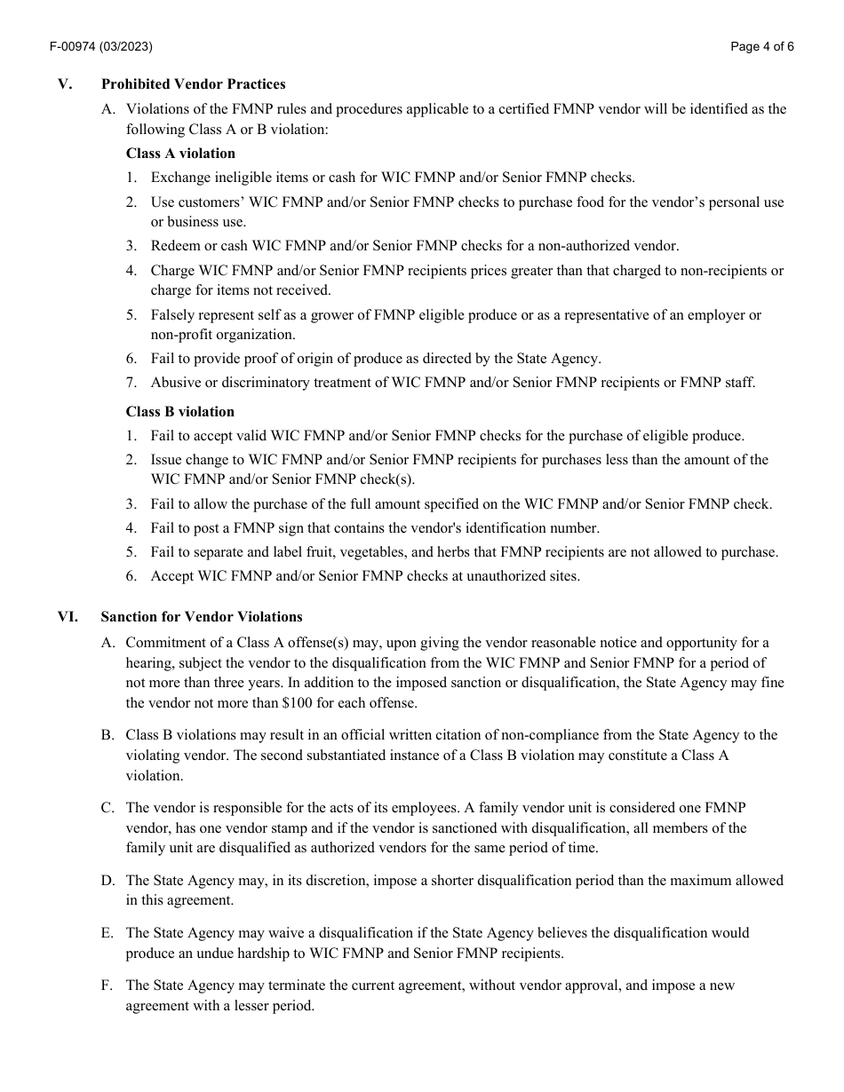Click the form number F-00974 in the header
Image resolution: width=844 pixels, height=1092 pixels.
76,47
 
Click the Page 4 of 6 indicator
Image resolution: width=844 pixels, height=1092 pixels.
761,47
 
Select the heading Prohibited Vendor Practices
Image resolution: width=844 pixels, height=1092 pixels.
193,84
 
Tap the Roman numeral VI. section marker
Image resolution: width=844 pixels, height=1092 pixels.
68,616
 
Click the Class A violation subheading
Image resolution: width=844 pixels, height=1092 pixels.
180,153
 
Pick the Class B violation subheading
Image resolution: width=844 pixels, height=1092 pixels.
179,411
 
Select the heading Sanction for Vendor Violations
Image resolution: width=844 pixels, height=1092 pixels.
201,616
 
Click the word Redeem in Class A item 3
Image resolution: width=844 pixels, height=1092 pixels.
174,246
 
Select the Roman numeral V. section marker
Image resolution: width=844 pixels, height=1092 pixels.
64,84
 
